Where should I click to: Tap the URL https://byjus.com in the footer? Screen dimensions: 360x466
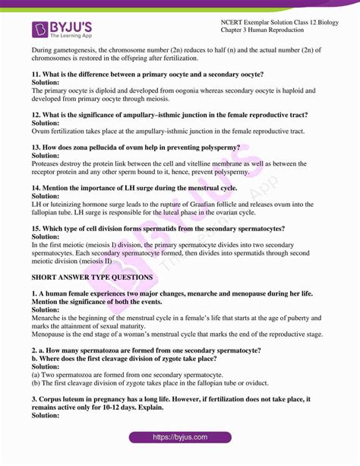179,437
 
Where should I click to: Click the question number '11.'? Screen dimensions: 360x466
36,74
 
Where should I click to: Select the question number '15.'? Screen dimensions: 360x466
36,228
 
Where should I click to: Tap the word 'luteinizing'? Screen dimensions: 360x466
68,204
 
